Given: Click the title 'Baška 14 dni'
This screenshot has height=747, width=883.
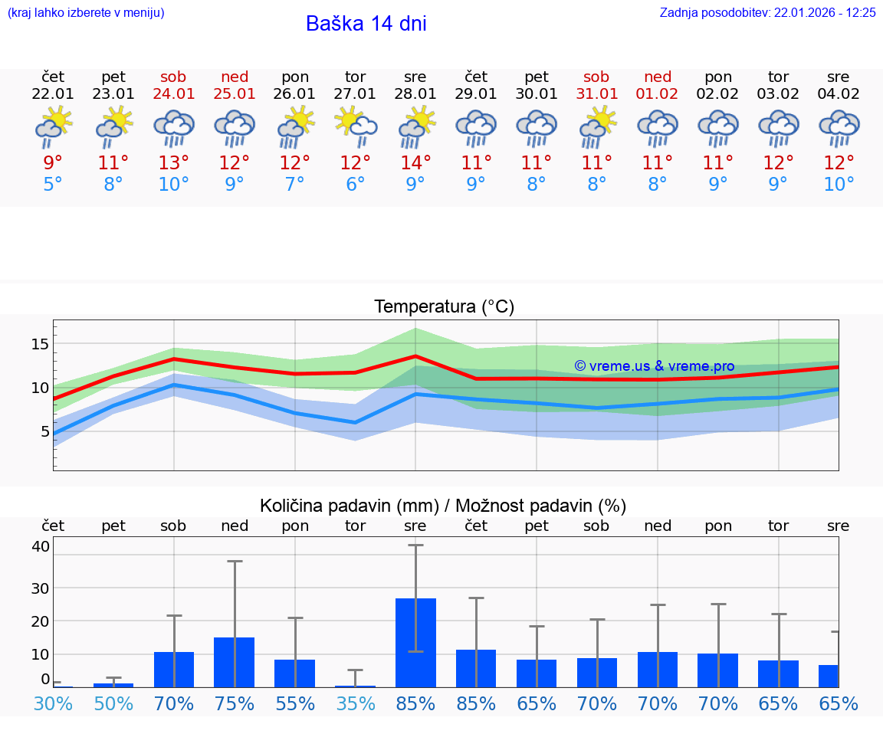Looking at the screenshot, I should click(x=366, y=24).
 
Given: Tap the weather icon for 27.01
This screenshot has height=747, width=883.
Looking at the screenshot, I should click(x=355, y=127).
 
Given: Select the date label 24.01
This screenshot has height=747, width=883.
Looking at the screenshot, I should click(x=174, y=94).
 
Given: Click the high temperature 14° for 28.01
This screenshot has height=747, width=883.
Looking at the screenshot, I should click(x=415, y=163).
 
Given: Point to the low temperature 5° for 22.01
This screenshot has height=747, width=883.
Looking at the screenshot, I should click(x=53, y=185).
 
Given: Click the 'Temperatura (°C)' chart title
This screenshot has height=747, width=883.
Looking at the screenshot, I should click(x=444, y=307).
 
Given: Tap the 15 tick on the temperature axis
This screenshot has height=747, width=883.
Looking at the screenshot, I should click(x=40, y=344).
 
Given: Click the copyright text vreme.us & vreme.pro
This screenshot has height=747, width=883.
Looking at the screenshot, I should click(x=654, y=366).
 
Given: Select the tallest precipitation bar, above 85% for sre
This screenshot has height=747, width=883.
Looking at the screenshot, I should click(x=415, y=642).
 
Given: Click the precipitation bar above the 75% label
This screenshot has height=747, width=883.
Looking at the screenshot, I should click(x=234, y=662).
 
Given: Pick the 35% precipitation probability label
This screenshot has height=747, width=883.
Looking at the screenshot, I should click(x=355, y=704).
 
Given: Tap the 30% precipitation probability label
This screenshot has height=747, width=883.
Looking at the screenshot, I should click(x=53, y=704).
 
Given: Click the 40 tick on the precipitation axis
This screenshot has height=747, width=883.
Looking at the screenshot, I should click(x=41, y=546).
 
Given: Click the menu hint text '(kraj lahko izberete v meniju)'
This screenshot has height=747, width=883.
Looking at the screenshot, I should click(x=86, y=13).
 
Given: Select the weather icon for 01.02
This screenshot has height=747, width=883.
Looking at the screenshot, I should click(x=657, y=127).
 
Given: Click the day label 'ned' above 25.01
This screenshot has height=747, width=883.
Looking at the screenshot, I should click(x=235, y=77).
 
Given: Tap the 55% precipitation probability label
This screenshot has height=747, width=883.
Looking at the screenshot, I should click(x=294, y=704).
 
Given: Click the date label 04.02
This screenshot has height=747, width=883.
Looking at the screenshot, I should click(x=839, y=94).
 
